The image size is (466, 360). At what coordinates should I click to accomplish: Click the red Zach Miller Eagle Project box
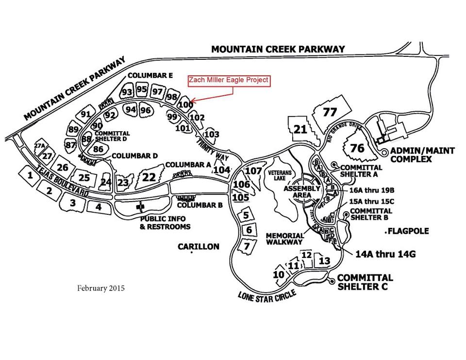(x=229, y=81)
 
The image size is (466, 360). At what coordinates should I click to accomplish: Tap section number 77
(x=330, y=112)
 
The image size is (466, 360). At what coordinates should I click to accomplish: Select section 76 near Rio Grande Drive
(x=357, y=148)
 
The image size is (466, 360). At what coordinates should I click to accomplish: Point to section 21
(x=301, y=129)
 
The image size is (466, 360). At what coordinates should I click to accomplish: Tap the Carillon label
(x=198, y=247)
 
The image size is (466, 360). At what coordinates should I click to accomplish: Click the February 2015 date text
(x=100, y=288)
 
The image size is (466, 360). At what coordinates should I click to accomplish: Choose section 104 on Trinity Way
(x=221, y=170)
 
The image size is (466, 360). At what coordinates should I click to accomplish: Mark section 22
(x=149, y=177)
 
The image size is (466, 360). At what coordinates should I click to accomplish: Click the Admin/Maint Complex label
(x=422, y=155)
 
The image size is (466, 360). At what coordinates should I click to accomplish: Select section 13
(x=324, y=261)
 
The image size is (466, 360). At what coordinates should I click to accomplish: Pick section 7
(x=247, y=246)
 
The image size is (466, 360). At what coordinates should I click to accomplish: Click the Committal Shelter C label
(x=365, y=282)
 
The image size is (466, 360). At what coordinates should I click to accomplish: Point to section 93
(x=127, y=92)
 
